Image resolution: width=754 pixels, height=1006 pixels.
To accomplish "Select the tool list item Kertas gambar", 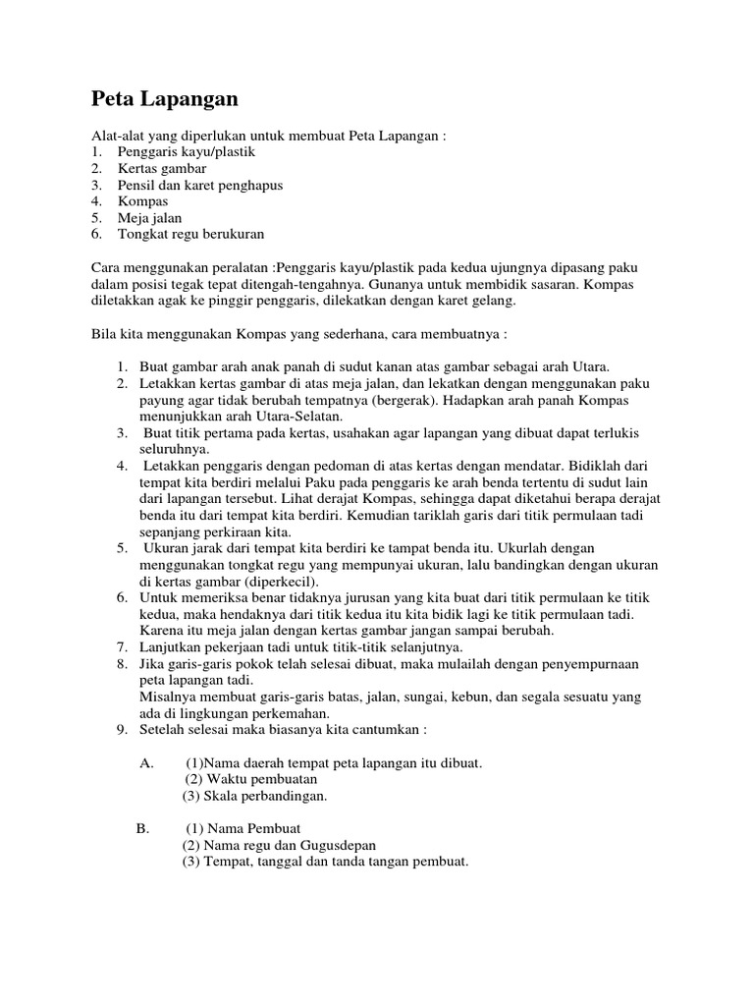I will pos(163,168).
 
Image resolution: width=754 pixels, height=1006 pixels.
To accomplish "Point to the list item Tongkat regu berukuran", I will pos(190,234).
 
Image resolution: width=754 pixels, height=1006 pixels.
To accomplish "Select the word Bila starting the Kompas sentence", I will pos(103,333).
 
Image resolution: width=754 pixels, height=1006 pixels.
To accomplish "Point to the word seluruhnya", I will pos(167,448).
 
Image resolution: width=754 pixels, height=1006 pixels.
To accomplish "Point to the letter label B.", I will pos(141,828).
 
